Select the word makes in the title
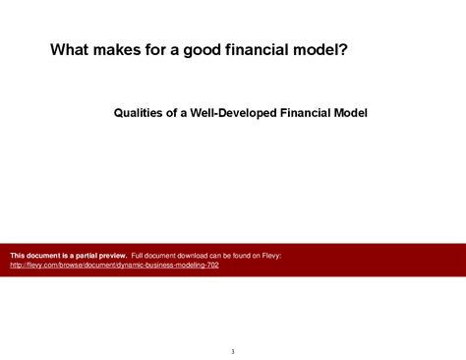pyautogui.click(x=125, y=50)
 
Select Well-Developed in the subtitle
pyautogui.click(x=231, y=113)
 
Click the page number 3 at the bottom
pyautogui.click(x=233, y=351)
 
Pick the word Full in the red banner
pyautogui.click(x=138, y=256)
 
